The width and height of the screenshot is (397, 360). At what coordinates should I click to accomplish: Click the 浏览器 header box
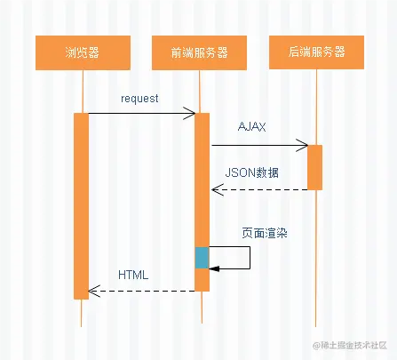(x=82, y=53)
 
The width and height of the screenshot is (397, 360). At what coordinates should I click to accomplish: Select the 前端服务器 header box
(x=199, y=53)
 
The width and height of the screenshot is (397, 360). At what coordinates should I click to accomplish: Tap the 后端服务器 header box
(x=315, y=53)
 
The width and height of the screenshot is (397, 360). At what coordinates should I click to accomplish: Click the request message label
(x=139, y=99)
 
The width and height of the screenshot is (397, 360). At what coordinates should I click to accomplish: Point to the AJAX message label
(x=252, y=128)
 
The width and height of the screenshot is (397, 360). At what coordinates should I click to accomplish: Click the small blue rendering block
(x=202, y=258)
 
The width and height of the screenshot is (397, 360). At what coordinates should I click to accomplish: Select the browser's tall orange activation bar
(x=82, y=204)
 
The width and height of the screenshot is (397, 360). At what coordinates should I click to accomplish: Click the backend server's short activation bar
(x=314, y=167)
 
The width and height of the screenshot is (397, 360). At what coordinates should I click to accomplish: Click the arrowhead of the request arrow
(x=190, y=113)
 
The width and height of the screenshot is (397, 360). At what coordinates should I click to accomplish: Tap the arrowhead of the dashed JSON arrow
(x=216, y=189)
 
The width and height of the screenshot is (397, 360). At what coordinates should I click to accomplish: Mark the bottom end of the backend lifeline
(x=315, y=325)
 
